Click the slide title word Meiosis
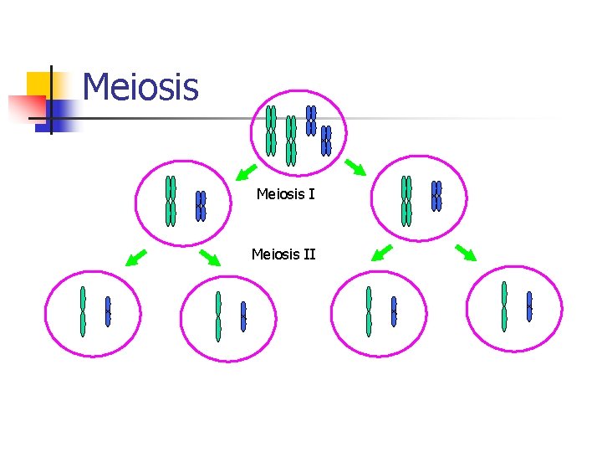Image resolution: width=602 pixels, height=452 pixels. [140, 87]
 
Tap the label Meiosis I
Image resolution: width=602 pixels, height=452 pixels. [285, 194]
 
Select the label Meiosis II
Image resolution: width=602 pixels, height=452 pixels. [283, 253]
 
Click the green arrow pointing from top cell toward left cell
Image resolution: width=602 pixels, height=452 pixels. [246, 172]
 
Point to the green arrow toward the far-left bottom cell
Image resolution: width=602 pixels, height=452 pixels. [135, 258]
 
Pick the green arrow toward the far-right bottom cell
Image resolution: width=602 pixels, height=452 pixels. [466, 252]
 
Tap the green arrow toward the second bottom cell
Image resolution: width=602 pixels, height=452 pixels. [209, 257]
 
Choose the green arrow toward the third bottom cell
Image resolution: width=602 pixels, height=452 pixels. [382, 252]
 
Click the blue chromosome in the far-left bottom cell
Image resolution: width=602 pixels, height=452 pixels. [108, 311]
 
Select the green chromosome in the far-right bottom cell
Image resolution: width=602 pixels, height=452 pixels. [504, 306]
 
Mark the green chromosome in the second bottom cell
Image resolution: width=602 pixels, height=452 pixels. [218, 316]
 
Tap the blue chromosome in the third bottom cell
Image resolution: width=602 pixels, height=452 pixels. [394, 311]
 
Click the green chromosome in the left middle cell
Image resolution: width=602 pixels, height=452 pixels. [171, 201]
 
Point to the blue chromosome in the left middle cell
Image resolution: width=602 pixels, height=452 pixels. [201, 206]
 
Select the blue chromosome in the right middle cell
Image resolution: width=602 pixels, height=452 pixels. [436, 196]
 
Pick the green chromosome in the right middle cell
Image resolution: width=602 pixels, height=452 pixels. [406, 201]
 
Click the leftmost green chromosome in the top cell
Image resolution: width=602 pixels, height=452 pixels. [271, 131]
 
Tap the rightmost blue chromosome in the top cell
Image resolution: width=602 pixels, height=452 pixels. [326, 141]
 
